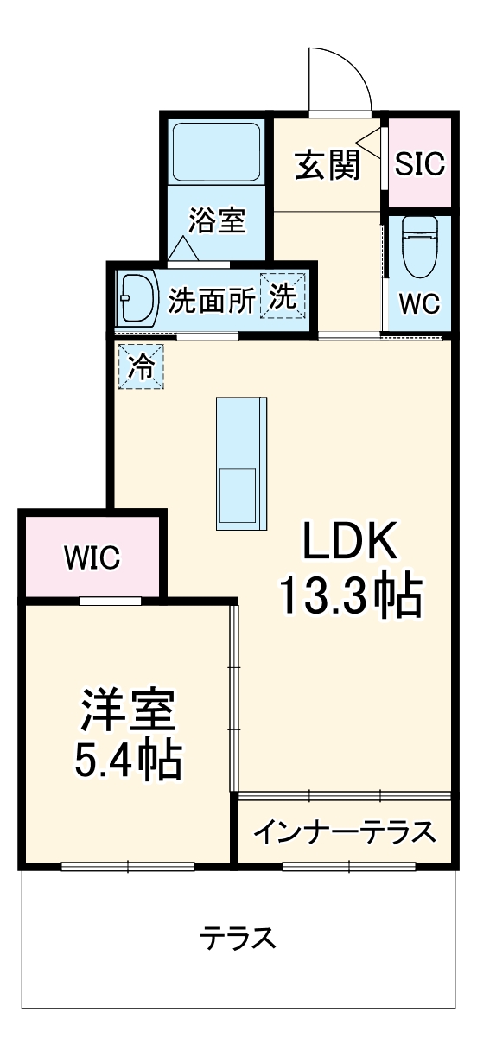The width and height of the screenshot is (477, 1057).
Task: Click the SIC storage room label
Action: (x=419, y=162)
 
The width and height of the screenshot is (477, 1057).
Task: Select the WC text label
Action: (x=419, y=303)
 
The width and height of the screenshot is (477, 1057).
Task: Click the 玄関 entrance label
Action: (x=328, y=164)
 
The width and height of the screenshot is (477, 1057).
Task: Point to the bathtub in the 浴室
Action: (x=216, y=152)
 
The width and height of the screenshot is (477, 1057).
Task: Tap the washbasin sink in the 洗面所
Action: (x=137, y=298)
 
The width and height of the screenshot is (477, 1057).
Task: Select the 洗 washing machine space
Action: (x=283, y=296)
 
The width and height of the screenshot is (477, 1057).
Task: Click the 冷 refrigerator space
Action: (x=141, y=366)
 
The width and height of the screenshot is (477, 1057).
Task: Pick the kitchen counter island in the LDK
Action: (x=242, y=463)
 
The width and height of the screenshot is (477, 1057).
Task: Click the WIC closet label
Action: (x=92, y=557)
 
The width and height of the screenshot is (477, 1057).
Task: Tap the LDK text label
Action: (x=349, y=541)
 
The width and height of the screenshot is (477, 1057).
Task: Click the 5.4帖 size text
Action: (x=128, y=761)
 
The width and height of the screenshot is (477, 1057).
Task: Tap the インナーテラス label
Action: (x=345, y=832)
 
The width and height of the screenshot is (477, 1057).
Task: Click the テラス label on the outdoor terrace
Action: (x=238, y=938)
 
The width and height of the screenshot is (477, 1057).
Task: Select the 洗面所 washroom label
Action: (x=212, y=300)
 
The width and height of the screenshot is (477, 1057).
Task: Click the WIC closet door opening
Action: (x=111, y=601)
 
